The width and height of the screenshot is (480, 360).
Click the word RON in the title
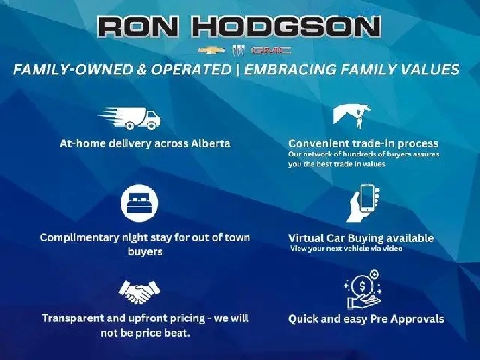137,27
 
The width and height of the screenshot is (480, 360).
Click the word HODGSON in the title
286,27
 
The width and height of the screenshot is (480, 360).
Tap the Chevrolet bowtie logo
211,50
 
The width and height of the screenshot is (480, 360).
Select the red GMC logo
271,50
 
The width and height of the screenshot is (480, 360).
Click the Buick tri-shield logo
238,50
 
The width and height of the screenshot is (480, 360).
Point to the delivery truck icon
129,118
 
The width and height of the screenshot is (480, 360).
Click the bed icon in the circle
139,203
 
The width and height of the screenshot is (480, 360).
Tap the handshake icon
139,292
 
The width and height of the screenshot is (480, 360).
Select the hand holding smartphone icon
363,203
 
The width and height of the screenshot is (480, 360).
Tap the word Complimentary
79,237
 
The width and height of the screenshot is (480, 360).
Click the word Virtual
306,238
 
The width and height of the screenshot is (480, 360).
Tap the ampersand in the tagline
141,70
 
